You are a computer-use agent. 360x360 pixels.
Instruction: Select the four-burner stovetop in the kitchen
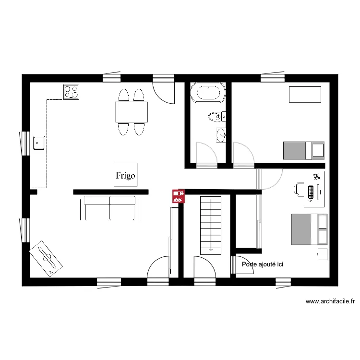[71, 92]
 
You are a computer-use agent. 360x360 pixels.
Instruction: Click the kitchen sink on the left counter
[39, 142]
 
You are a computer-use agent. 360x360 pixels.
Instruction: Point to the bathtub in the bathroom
[208, 93]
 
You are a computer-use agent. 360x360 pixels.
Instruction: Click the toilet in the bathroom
[215, 116]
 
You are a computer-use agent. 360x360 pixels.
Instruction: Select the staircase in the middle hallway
[211, 224]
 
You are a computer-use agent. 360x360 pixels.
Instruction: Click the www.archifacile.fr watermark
[330, 301]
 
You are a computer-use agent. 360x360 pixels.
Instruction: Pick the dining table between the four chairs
[131, 112]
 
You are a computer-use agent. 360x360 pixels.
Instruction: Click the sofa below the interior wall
[110, 207]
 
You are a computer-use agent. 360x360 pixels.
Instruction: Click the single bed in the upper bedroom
[304, 150]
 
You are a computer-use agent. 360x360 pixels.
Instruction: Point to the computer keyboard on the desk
[311, 192]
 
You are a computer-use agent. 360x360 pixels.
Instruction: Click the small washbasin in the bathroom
[221, 135]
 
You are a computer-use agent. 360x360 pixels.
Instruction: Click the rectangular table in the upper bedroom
[305, 94]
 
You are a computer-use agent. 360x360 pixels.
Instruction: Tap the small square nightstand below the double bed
[323, 254]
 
